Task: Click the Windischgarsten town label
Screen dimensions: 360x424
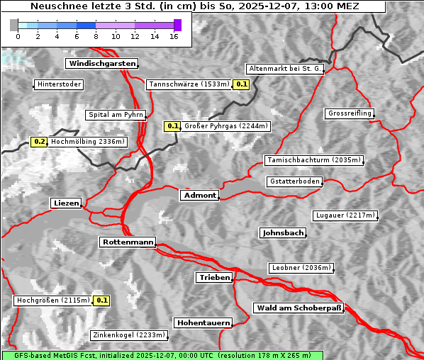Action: [101, 64]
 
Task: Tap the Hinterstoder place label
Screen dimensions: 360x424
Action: [59, 84]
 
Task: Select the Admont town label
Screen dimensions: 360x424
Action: [200, 195]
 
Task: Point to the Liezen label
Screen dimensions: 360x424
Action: [67, 203]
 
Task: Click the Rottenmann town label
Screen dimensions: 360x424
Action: [128, 242]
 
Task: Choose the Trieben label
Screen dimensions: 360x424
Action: [214, 278]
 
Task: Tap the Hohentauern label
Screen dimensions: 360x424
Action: [203, 323]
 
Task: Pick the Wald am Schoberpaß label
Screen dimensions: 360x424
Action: [298, 308]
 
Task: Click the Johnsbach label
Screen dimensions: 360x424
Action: [283, 232]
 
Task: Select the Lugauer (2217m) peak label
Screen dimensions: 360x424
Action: [345, 215]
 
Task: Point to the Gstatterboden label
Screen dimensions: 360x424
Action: [295, 181]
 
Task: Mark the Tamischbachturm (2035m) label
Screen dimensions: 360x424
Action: [313, 160]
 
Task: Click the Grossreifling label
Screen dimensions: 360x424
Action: [350, 113]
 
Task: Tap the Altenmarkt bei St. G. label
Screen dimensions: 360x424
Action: [285, 69]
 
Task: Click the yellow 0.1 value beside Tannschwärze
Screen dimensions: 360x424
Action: [241, 84]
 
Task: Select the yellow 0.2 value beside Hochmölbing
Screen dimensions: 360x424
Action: [39, 142]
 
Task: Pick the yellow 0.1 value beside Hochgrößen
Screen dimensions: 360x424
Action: [102, 300]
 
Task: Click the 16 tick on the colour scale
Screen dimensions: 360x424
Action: [173, 35]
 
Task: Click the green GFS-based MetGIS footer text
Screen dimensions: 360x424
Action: [162, 355]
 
